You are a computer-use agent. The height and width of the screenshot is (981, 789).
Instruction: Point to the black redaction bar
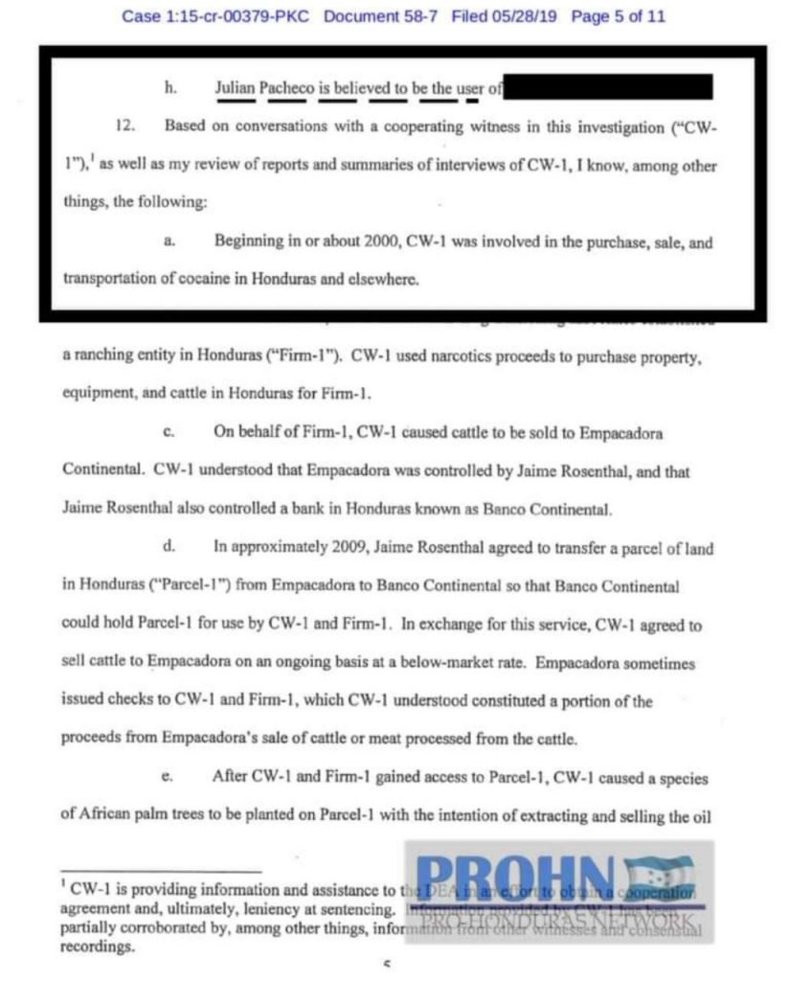608,89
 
